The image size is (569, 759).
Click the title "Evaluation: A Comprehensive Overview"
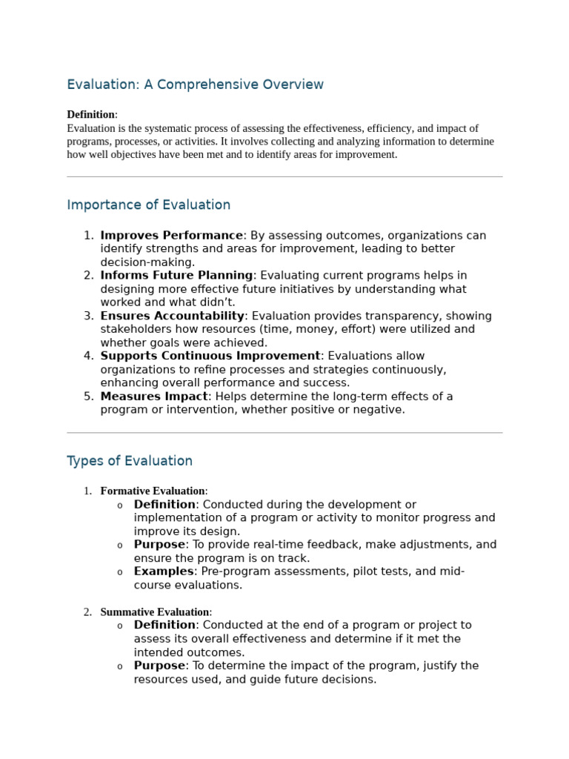(195, 84)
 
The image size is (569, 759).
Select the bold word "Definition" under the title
(90, 114)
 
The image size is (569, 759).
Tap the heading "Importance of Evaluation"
(148, 205)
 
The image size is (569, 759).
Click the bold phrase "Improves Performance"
(171, 236)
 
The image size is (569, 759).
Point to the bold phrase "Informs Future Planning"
(176, 276)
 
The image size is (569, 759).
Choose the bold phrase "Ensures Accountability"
(172, 316)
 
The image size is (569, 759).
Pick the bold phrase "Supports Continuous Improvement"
(210, 356)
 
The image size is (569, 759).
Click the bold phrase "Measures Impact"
(154, 397)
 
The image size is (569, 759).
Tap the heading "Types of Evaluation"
(130, 461)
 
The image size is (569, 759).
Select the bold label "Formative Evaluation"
(153, 491)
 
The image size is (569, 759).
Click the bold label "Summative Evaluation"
(155, 612)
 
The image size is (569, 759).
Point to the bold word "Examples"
(164, 571)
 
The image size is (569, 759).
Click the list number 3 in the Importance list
(88, 316)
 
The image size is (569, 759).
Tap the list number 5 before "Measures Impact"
(88, 397)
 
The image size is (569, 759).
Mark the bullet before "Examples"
(120, 572)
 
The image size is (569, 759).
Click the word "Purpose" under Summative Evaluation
(159, 666)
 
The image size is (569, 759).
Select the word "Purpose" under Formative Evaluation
(159, 545)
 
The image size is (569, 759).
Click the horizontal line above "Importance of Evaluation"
(284, 176)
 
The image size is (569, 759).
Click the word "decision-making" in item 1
(147, 262)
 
